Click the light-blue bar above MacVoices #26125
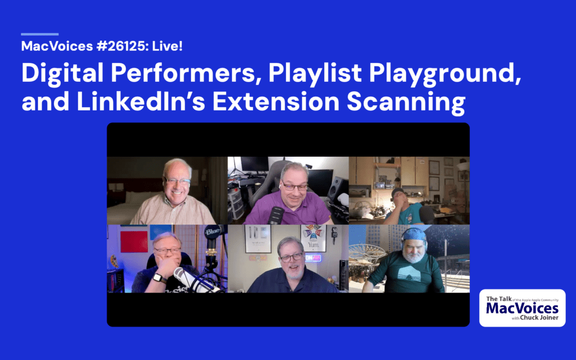[x=39, y=34]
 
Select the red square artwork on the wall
[x=133, y=242]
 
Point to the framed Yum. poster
[x=314, y=238]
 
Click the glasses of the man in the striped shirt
[x=178, y=182]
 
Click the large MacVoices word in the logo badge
[x=522, y=309]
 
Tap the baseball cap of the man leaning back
[x=398, y=191]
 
